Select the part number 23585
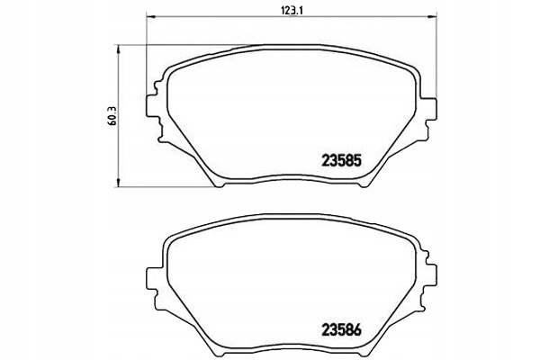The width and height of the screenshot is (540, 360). coord(341,163)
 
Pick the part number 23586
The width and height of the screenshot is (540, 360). coord(341,330)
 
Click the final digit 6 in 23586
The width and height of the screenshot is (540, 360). coord(357,330)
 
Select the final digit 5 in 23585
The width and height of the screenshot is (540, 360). coord(357,163)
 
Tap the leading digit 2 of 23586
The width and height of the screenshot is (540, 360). coord(326,330)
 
